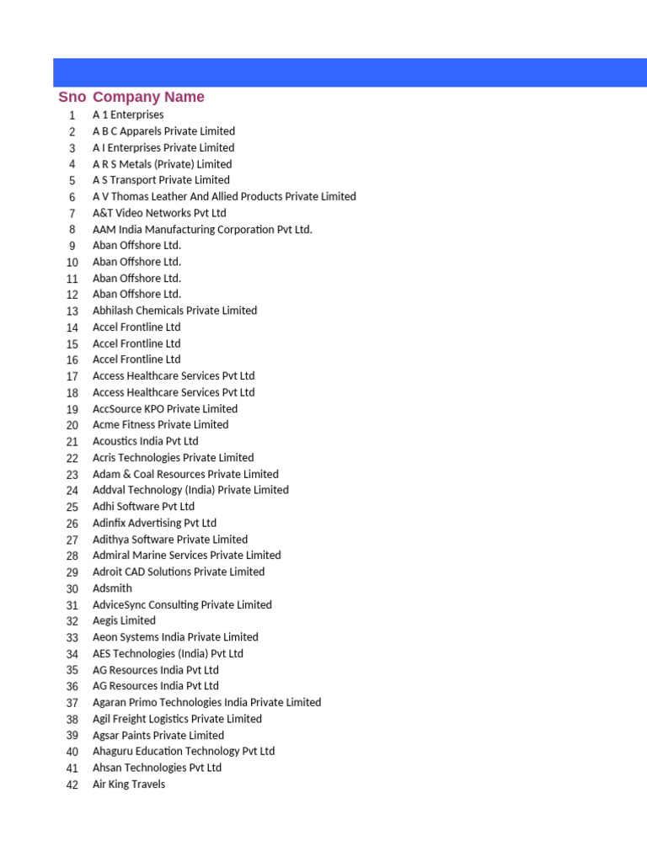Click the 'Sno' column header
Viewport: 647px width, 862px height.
click(72, 97)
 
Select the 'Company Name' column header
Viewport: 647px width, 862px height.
click(148, 97)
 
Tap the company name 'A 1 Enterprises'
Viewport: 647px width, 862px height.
click(128, 114)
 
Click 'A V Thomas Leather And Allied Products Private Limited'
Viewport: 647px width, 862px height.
click(224, 196)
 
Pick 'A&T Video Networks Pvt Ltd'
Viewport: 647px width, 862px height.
click(159, 213)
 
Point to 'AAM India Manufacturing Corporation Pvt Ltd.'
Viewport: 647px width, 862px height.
click(202, 229)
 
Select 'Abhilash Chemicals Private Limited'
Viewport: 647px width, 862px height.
click(174, 311)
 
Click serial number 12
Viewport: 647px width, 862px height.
click(72, 295)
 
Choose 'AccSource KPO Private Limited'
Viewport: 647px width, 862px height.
click(165, 409)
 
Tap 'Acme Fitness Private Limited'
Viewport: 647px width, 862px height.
click(160, 425)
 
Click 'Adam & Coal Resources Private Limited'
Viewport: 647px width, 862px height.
click(185, 474)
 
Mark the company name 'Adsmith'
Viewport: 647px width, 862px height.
click(112, 588)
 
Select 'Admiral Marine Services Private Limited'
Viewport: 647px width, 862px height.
click(186, 556)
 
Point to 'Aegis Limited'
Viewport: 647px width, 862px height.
click(124, 621)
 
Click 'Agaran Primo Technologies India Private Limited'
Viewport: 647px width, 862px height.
click(206, 703)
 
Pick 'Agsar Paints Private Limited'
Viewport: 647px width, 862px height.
click(158, 736)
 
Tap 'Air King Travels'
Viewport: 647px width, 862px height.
click(129, 785)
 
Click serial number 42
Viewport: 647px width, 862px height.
click(72, 785)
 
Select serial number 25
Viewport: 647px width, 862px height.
click(72, 507)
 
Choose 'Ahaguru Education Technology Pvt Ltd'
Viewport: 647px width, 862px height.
click(184, 752)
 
